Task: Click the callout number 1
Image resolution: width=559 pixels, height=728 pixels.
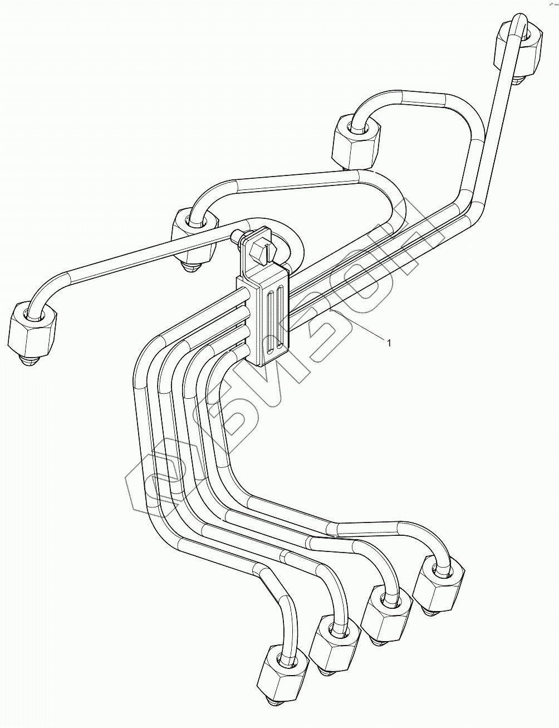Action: [x=389, y=343]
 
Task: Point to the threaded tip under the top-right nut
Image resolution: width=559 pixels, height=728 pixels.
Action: [x=518, y=80]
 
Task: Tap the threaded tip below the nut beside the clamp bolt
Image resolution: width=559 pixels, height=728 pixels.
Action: [x=189, y=266]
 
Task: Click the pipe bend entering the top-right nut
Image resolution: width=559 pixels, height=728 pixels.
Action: [x=517, y=25]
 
